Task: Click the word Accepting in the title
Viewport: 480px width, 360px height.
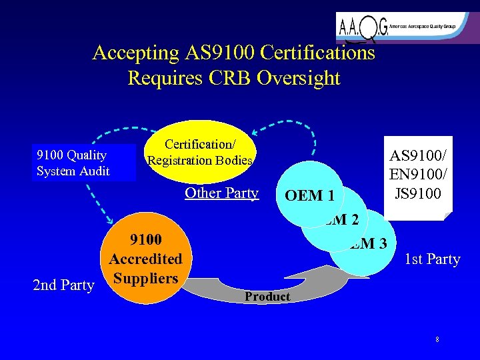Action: click(136, 53)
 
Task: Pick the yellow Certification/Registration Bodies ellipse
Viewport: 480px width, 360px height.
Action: click(199, 152)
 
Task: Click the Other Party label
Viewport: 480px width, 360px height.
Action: click(221, 193)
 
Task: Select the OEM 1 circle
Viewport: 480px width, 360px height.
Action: click(309, 196)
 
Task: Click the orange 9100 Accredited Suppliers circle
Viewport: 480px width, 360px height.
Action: click(145, 261)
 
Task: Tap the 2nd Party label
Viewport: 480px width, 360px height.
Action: click(63, 285)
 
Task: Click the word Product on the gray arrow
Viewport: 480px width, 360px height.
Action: click(267, 297)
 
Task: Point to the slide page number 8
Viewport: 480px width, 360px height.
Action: click(437, 340)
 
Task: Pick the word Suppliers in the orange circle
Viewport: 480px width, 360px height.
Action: click(145, 277)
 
